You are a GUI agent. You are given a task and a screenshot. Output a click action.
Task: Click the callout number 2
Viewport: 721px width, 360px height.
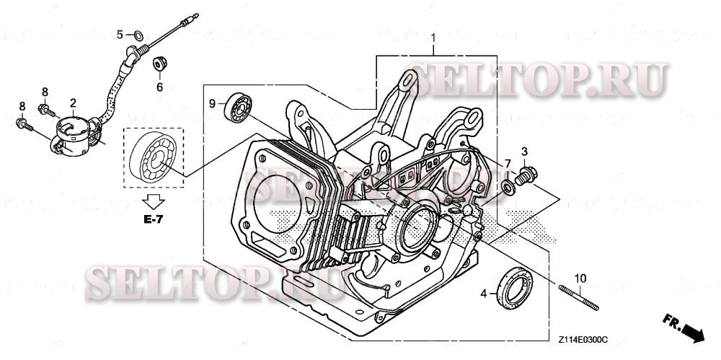73,103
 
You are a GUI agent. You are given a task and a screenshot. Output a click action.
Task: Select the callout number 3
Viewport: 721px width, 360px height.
525,151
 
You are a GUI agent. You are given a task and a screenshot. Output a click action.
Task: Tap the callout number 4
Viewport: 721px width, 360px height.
484,293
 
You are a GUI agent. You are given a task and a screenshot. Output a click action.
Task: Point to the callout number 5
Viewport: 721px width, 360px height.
121,34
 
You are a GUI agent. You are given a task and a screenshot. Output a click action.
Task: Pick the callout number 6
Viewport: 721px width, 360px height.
160,87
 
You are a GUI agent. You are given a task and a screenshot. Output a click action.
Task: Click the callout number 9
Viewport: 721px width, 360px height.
213,104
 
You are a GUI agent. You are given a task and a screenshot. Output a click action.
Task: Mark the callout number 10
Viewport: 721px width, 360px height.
580,278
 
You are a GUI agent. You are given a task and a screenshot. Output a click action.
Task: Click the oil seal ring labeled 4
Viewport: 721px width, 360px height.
513,286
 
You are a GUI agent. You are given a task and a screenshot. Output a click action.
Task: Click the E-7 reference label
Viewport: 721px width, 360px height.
152,219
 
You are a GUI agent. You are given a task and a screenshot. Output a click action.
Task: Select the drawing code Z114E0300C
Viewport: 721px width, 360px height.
582,338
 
